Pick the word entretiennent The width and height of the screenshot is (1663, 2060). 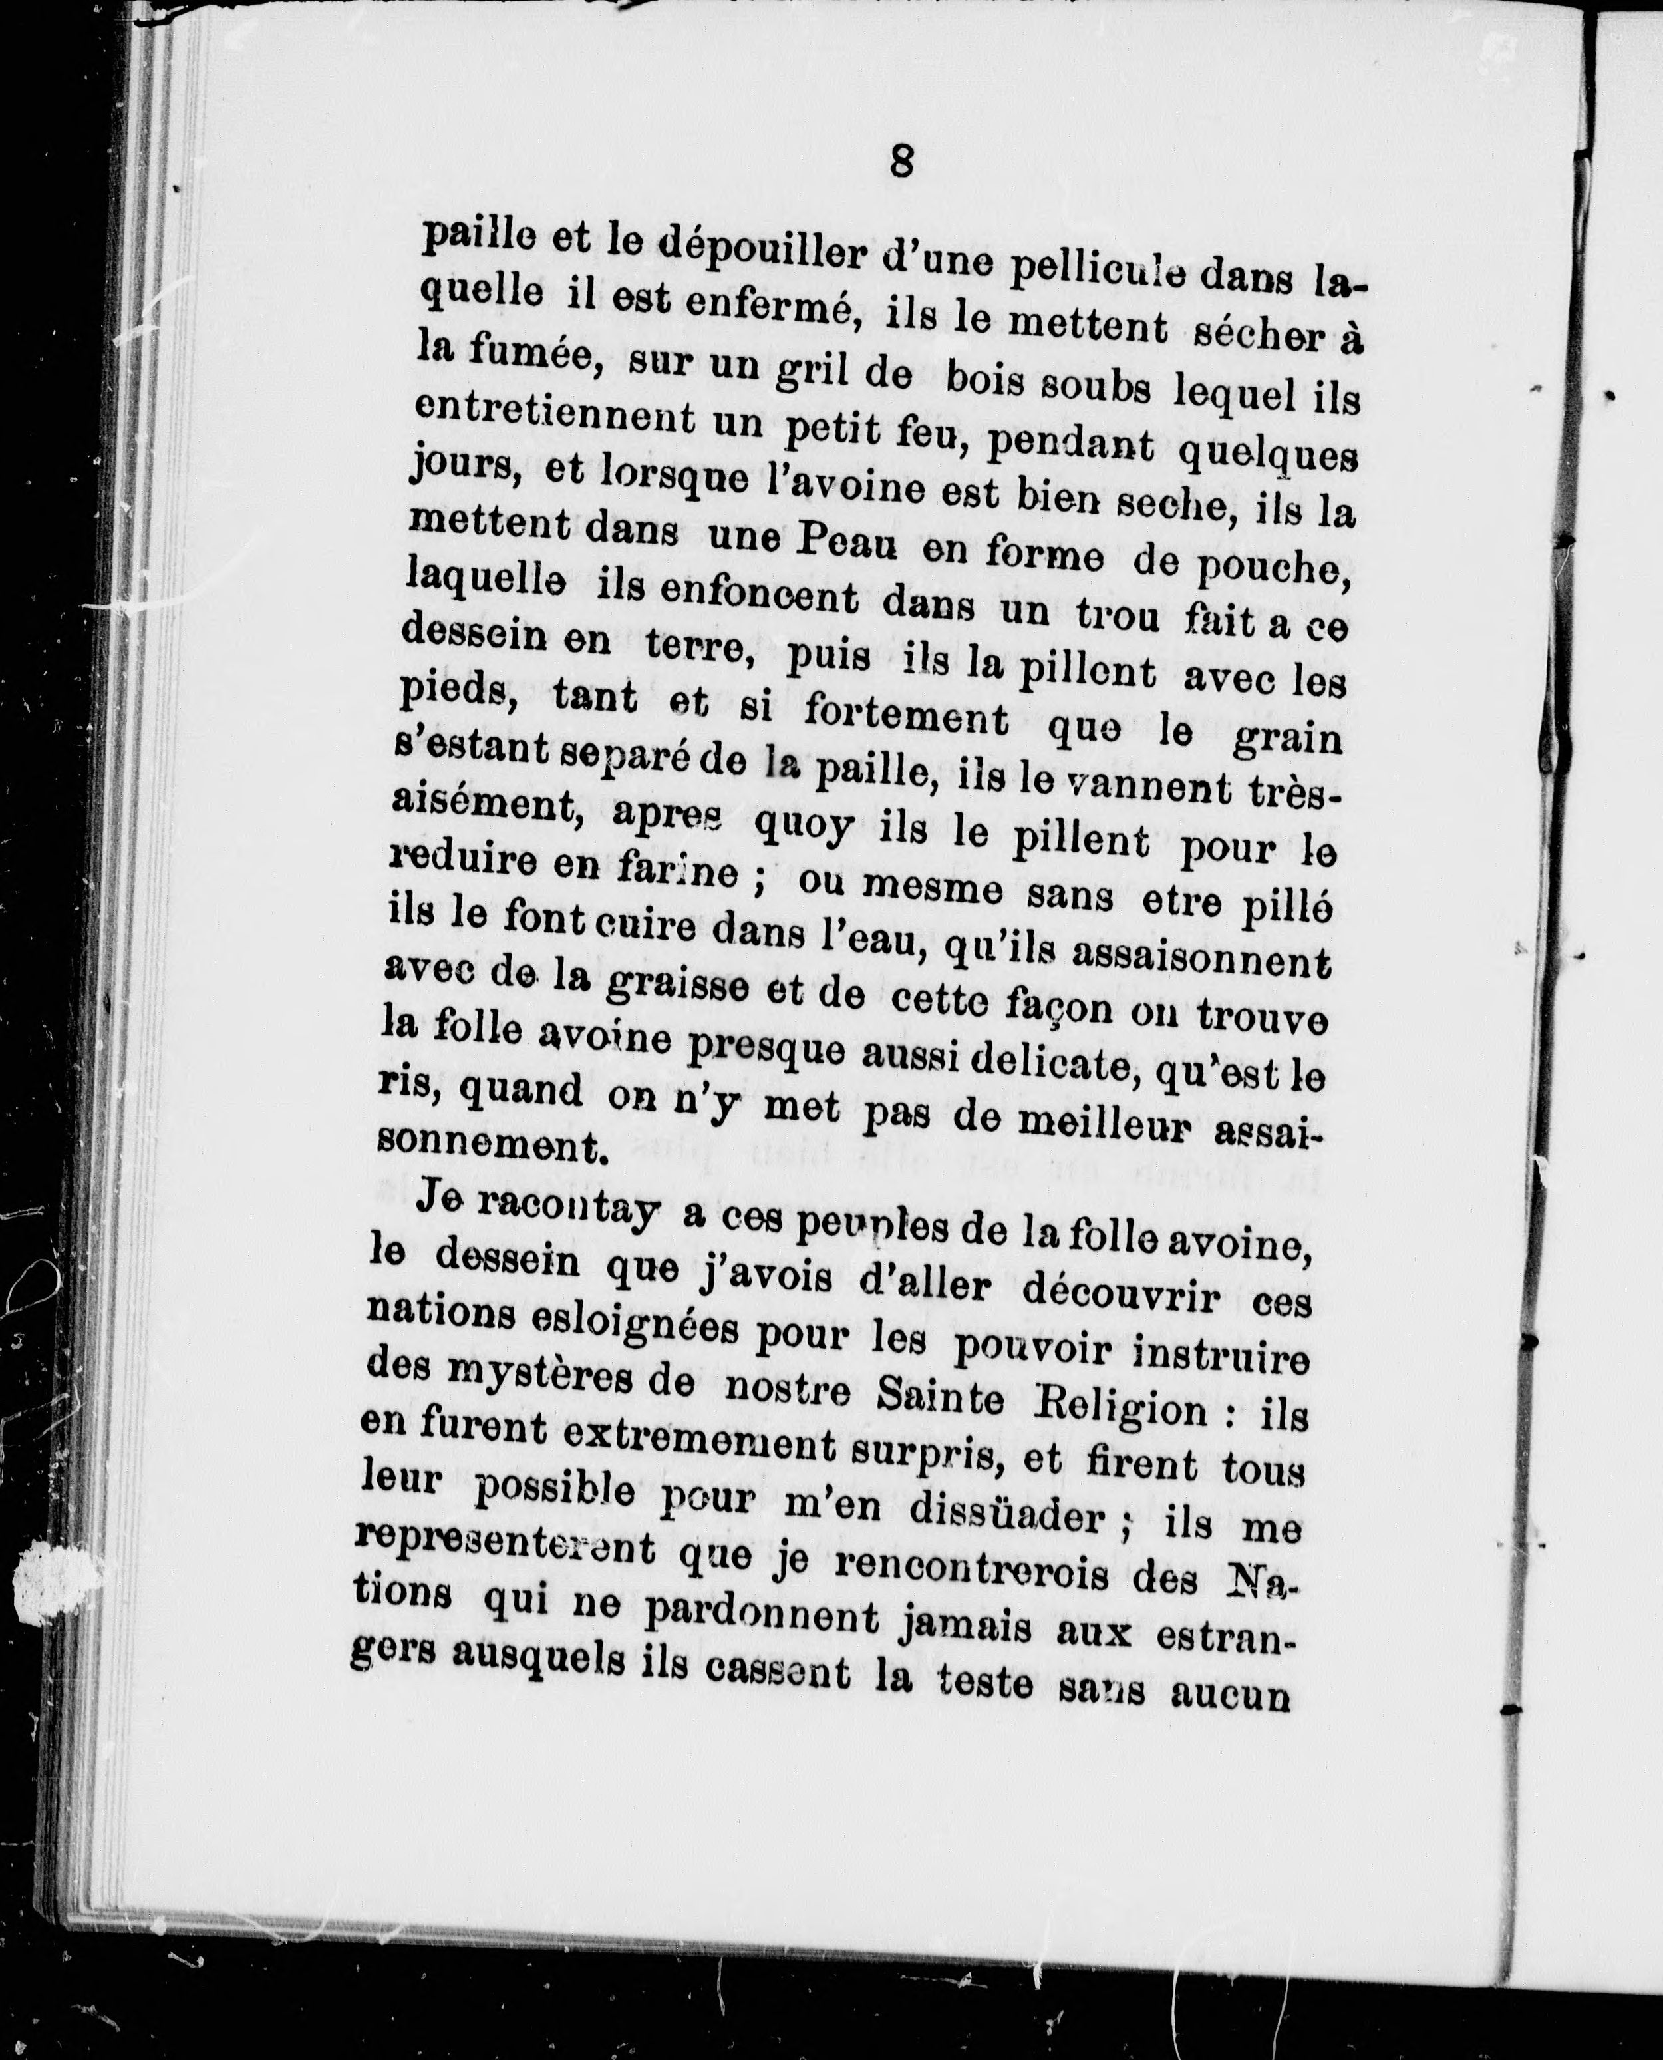pyautogui.click(x=555, y=418)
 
